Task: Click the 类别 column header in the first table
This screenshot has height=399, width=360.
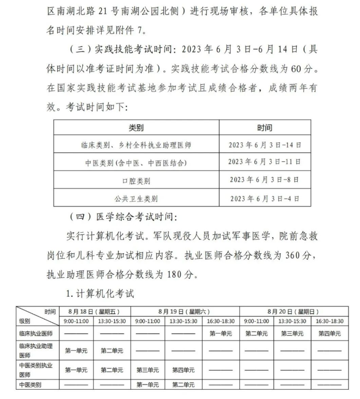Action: (136, 128)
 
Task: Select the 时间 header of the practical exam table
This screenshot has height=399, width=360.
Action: (265, 128)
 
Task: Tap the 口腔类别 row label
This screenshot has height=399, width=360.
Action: (136, 180)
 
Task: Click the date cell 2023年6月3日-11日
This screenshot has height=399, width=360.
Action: (265, 162)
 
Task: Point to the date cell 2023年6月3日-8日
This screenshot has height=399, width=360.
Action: (265, 180)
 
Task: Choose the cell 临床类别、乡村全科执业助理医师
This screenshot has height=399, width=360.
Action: (136, 145)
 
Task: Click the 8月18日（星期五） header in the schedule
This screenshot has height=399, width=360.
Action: (95, 312)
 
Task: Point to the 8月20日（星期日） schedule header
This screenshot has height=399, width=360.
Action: (292, 312)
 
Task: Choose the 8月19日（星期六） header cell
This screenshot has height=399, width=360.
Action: (185, 312)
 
